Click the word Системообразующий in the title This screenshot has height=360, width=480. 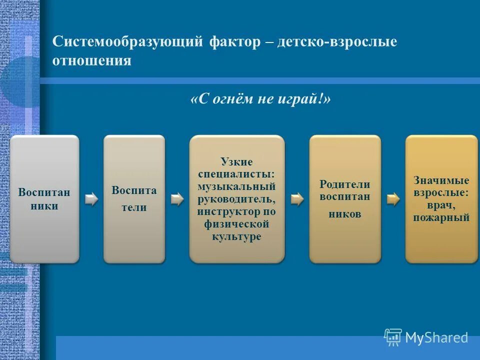click(125, 42)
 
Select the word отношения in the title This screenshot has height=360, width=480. click(92, 61)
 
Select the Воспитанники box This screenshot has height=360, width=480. click(44, 198)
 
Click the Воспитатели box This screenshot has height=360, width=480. click(134, 198)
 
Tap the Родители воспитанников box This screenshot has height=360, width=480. click(345, 198)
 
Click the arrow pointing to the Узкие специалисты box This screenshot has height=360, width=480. click(177, 199)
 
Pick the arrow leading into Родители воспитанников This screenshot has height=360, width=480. click(297, 199)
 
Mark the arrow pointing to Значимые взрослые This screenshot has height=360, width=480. click(393, 199)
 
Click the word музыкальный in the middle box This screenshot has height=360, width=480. click(236, 186)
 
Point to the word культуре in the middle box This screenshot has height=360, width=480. click(236, 236)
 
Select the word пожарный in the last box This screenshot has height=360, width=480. click(441, 217)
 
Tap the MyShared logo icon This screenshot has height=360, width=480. click(392, 337)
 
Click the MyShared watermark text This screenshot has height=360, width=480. click(436, 338)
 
